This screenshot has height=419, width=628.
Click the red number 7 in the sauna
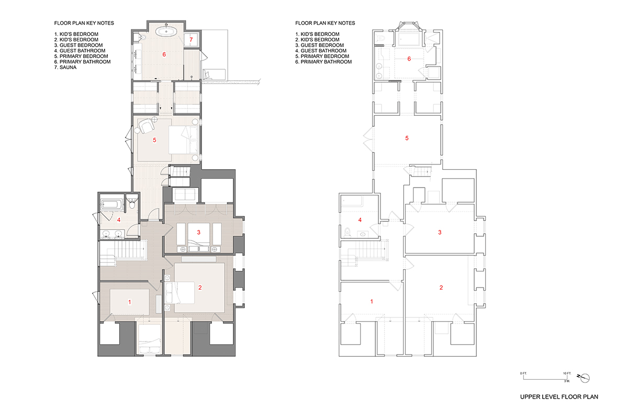[191, 40]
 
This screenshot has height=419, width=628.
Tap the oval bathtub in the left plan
[166, 31]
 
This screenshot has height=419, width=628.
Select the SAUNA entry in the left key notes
[65, 68]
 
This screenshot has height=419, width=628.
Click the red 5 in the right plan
[407, 138]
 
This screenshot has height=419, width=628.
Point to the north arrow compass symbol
[585, 378]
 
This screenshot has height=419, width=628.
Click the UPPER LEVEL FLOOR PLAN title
[559, 397]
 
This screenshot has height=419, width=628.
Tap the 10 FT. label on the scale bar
[567, 373]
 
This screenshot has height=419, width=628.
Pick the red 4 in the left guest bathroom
[119, 220]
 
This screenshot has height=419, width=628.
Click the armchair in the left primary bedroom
[147, 126]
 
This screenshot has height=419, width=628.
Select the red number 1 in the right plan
[372, 301]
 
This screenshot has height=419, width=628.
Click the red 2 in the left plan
[200, 288]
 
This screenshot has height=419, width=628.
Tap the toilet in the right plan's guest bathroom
[347, 232]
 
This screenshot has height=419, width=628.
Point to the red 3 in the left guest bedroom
[198, 232]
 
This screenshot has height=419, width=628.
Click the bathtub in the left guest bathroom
[111, 204]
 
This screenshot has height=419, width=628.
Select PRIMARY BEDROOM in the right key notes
[324, 57]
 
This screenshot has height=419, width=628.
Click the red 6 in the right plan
[409, 59]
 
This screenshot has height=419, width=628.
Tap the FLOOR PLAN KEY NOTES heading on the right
[325, 23]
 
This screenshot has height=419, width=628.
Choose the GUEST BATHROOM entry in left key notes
[80, 51]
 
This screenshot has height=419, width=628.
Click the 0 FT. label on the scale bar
[523, 373]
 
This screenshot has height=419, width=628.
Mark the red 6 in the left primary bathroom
[164, 54]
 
